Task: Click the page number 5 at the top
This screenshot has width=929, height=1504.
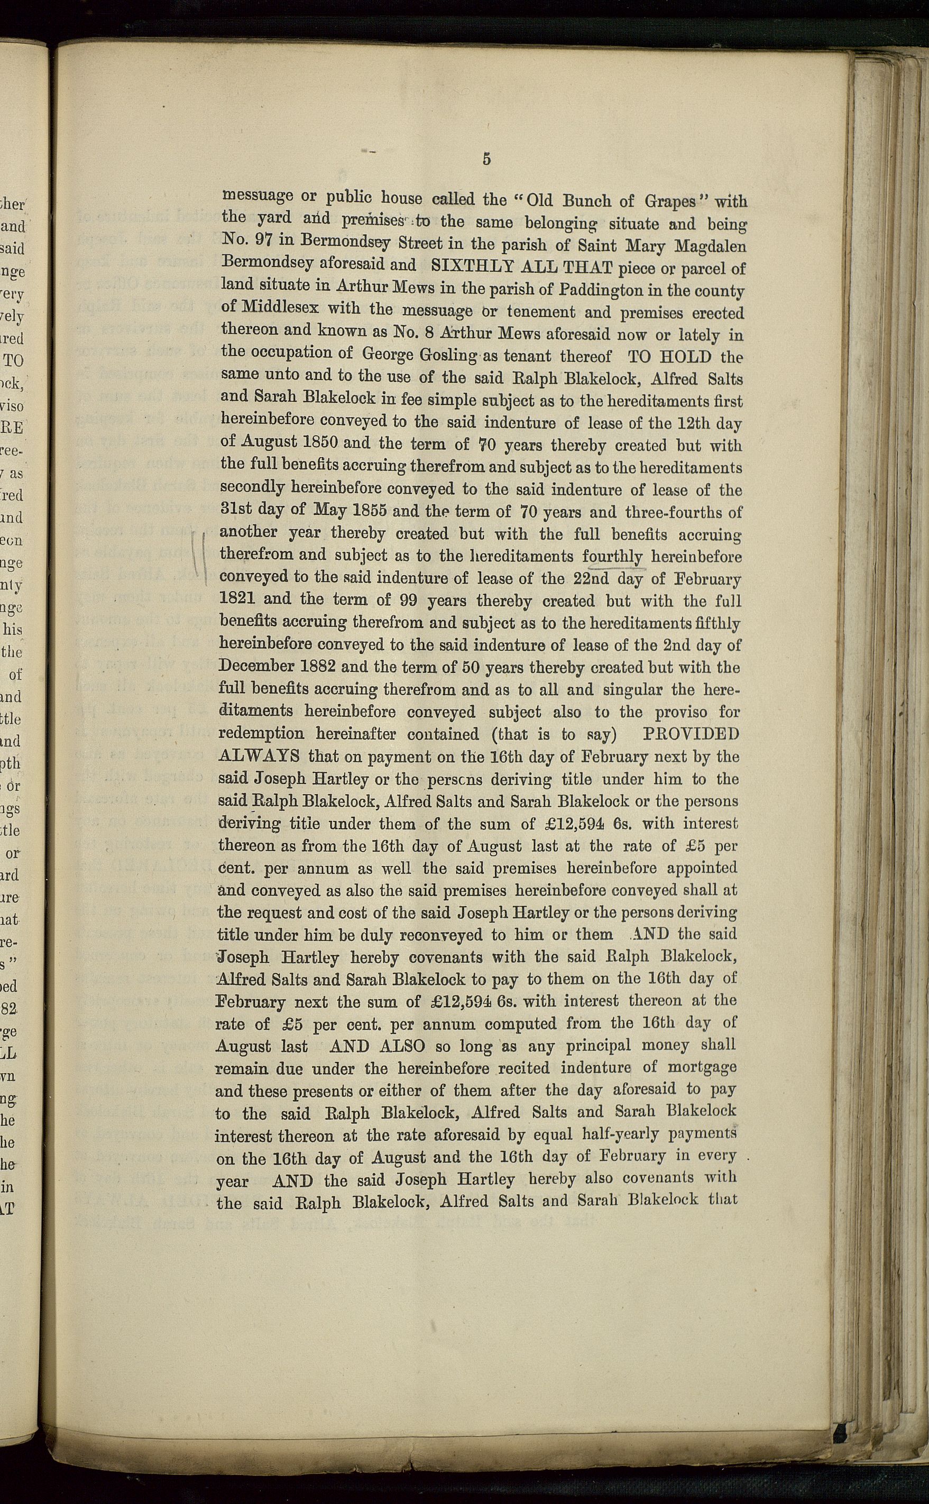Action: pyautogui.click(x=486, y=159)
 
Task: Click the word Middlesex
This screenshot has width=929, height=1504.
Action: pyautogui.click(x=278, y=307)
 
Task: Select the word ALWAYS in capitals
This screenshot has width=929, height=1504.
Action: pyautogui.click(x=259, y=755)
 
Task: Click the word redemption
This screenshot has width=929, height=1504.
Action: pyautogui.click(x=261, y=734)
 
